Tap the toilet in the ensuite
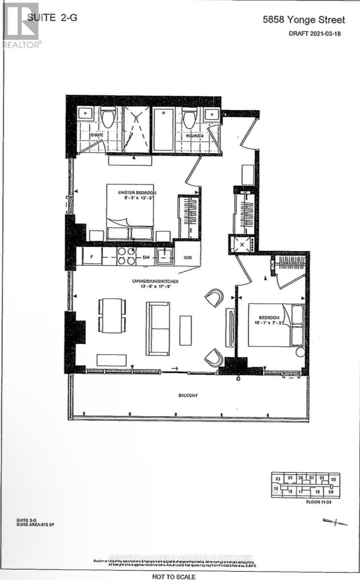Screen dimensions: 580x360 (x=107, y=118)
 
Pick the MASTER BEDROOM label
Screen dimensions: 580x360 (x=136, y=193)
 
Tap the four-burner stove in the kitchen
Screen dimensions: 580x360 (x=127, y=256)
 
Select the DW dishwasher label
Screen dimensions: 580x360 (x=145, y=257)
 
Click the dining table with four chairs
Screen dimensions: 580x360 (x=112, y=315)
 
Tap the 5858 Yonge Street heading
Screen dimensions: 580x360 (x=303, y=20)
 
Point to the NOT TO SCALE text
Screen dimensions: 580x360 (x=173, y=577)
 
